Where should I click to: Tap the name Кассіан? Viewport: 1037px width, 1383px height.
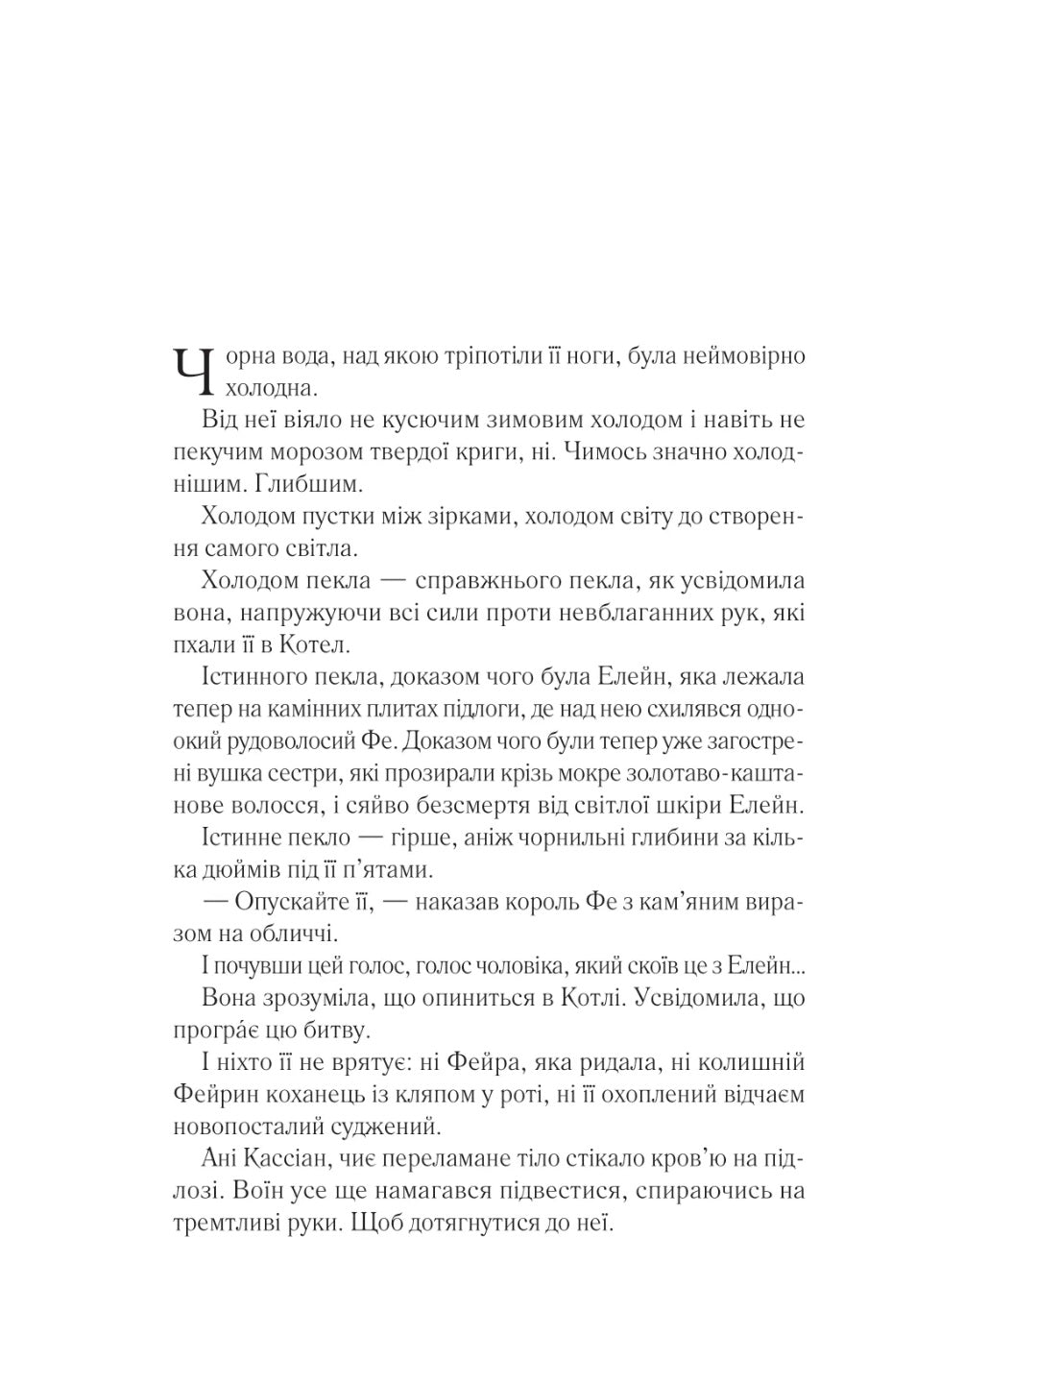tap(284, 1160)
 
